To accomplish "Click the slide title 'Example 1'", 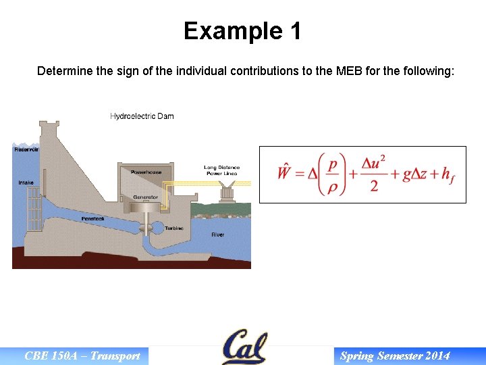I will (242, 31).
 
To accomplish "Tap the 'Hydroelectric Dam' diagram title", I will (142, 116).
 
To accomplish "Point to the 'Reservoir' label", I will (26, 149).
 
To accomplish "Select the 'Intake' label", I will (26, 182).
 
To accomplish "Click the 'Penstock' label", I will (92, 218).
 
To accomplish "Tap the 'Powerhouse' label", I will (146, 172).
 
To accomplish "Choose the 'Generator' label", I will (145, 197).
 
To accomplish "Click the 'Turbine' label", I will (174, 228).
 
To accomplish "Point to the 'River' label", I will (217, 235).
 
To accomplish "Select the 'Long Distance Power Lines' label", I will (221, 170).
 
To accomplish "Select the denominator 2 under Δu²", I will (374, 186).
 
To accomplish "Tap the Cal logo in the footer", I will (244, 347).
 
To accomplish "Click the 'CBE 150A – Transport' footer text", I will (82, 356).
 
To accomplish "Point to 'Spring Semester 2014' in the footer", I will (395, 356).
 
